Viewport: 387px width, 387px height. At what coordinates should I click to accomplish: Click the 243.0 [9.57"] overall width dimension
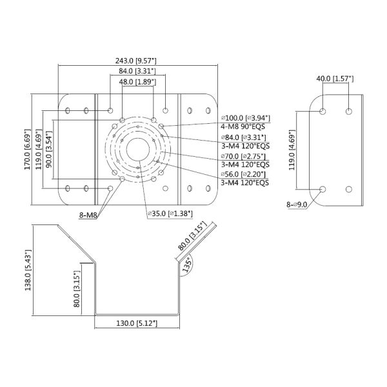click(135, 61)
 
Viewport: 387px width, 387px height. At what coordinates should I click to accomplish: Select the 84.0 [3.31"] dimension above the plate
click(137, 71)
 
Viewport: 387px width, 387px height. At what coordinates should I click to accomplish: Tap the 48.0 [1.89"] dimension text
click(137, 82)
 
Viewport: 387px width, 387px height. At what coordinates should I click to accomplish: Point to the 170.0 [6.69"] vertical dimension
click(27, 150)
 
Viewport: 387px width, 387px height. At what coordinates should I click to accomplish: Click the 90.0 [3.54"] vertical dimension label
click(49, 149)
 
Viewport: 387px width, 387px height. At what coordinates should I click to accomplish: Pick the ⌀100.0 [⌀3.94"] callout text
click(246, 118)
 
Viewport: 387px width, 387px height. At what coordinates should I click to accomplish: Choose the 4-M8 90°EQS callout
click(243, 126)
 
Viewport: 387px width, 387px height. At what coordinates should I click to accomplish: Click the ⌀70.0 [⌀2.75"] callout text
click(243, 157)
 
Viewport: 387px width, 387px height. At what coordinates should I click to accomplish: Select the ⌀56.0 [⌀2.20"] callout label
click(243, 174)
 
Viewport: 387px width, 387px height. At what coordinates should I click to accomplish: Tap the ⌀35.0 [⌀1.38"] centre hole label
click(170, 213)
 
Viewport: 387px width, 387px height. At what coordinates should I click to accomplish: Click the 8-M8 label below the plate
click(88, 215)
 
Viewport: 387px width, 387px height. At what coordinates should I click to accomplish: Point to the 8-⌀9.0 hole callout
click(297, 204)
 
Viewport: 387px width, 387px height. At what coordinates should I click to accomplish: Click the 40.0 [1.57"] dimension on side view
click(335, 79)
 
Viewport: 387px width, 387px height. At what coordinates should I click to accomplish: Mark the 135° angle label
click(187, 264)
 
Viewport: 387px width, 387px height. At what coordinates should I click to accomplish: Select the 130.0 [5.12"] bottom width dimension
click(137, 323)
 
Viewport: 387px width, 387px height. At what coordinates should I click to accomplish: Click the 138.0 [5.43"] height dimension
click(28, 270)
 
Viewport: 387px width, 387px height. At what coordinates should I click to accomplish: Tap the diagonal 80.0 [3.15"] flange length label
click(192, 236)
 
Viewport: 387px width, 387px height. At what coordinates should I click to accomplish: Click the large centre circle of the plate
click(138, 150)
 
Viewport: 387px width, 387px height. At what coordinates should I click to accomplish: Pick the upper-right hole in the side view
click(348, 112)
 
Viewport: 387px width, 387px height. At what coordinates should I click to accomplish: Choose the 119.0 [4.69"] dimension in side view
click(292, 150)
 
